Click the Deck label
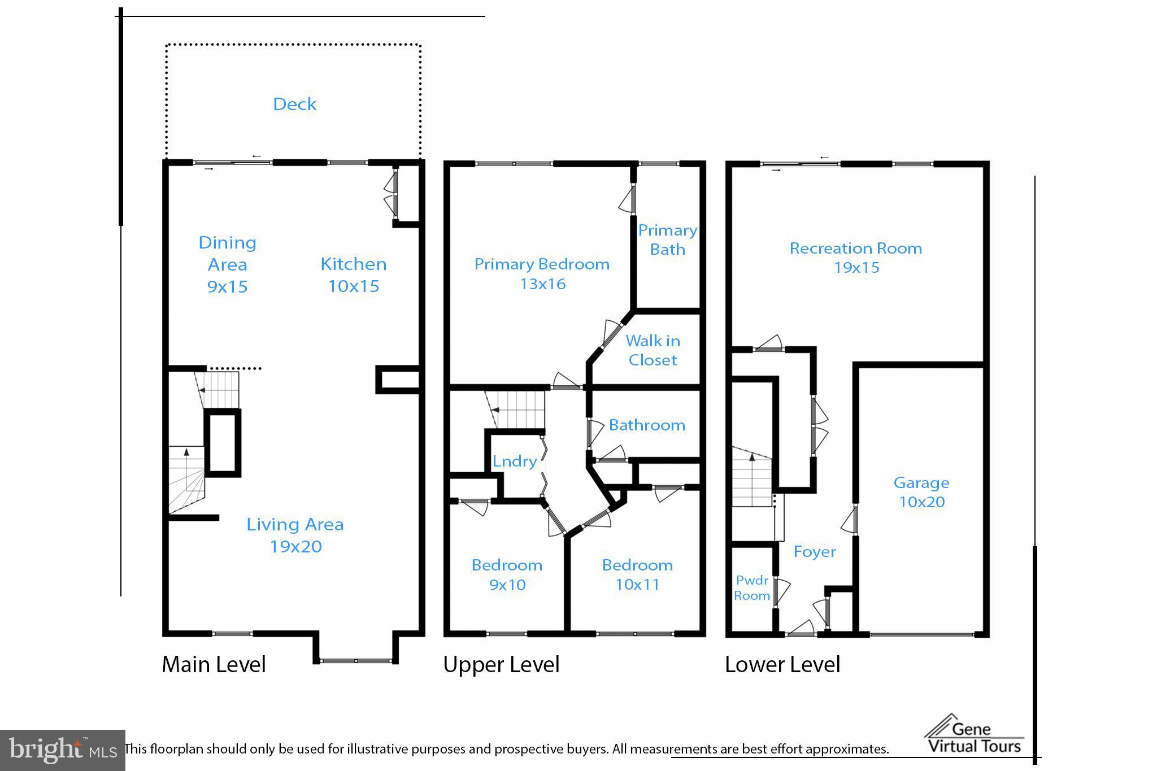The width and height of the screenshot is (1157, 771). point(294,104)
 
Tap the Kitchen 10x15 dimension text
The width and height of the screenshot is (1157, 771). point(354,286)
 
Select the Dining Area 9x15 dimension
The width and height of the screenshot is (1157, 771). point(227,286)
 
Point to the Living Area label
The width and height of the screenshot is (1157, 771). point(295,524)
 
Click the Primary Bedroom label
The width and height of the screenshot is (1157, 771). point(542,264)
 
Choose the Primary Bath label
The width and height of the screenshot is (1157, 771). point(667,239)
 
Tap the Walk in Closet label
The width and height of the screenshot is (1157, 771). point(653,350)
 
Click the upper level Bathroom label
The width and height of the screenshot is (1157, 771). point(647,425)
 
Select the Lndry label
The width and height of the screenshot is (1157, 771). point(514,461)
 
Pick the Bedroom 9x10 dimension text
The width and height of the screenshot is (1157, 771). point(507,585)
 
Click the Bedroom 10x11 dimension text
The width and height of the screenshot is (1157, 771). point(637,584)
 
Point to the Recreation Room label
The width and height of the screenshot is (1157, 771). point(855,248)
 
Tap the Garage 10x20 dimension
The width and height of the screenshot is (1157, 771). point(921,502)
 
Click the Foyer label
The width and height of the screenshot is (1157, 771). point(814,551)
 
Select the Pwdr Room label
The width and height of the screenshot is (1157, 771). point(752,587)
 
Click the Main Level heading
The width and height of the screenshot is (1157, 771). point(214,664)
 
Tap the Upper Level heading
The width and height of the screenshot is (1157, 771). point(501,664)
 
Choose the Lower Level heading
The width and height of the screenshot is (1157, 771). point(782,664)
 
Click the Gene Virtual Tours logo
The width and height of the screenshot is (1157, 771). point(975,735)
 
